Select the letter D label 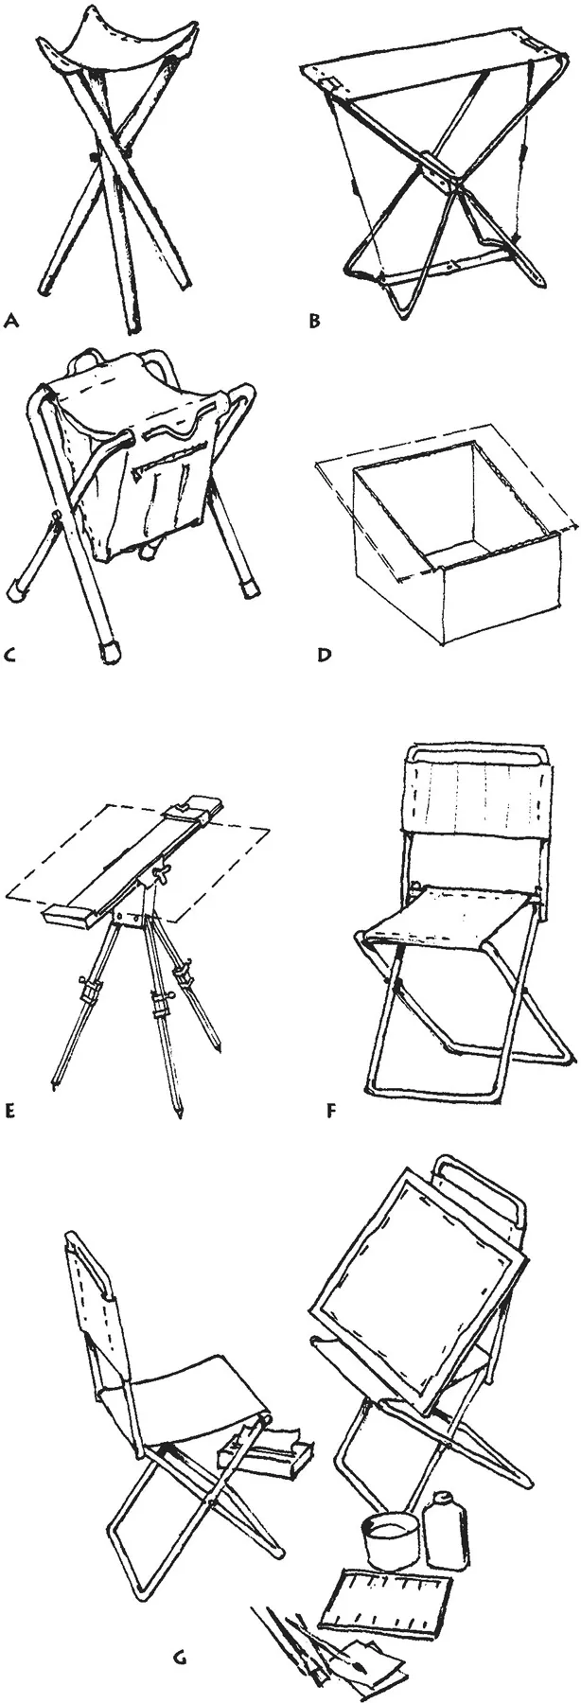point(324,653)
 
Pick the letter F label point(330,1110)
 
